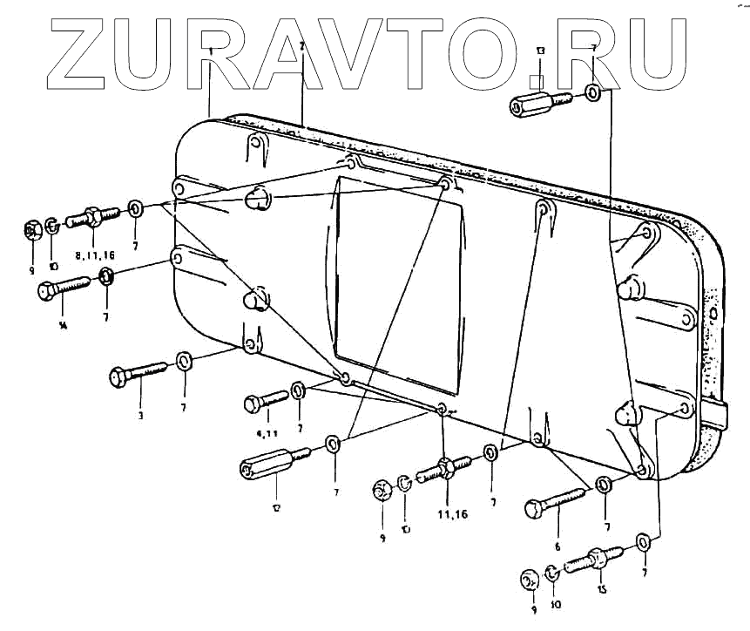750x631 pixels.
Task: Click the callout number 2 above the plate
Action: coord(301,45)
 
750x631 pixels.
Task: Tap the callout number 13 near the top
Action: coord(540,54)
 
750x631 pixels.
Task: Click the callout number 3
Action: coord(139,416)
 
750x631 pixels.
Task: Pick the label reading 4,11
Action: coord(260,432)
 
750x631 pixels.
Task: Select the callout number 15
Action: coord(600,588)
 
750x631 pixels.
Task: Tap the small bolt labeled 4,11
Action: coord(266,401)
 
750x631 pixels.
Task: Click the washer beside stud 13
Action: coord(592,92)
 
